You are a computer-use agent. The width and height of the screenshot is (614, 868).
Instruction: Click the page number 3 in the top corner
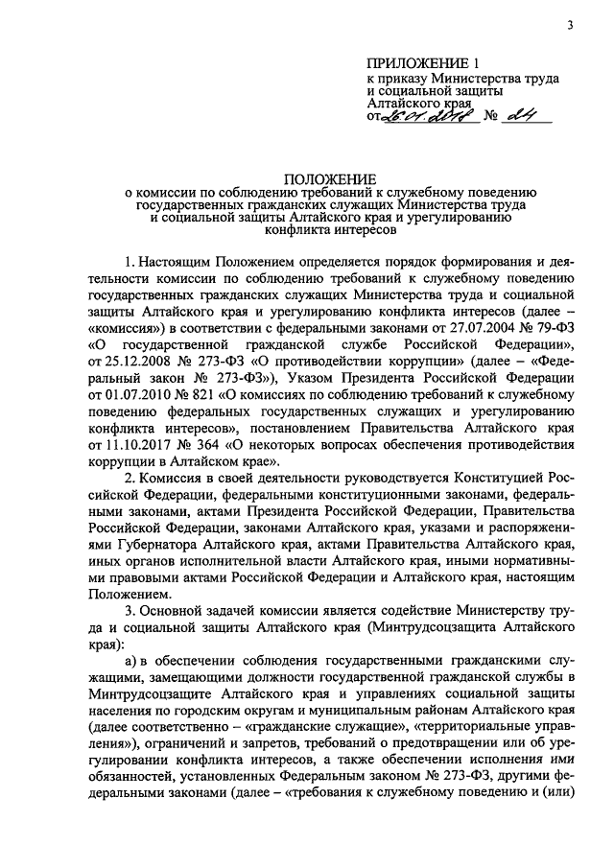click(569, 25)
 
